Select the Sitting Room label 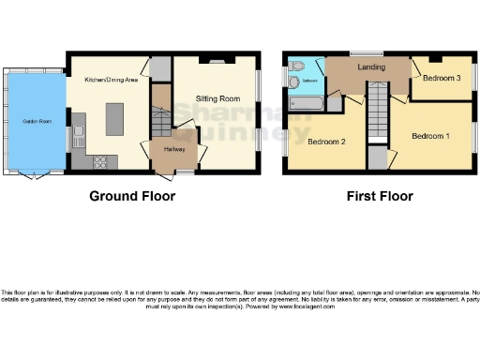(x=217, y=98)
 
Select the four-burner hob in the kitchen (x=99, y=160)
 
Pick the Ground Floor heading (x=131, y=197)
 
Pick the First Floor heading (x=379, y=197)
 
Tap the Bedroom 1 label (x=431, y=137)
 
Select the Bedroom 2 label (x=327, y=142)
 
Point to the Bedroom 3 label (x=441, y=78)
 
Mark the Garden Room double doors (x=37, y=175)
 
